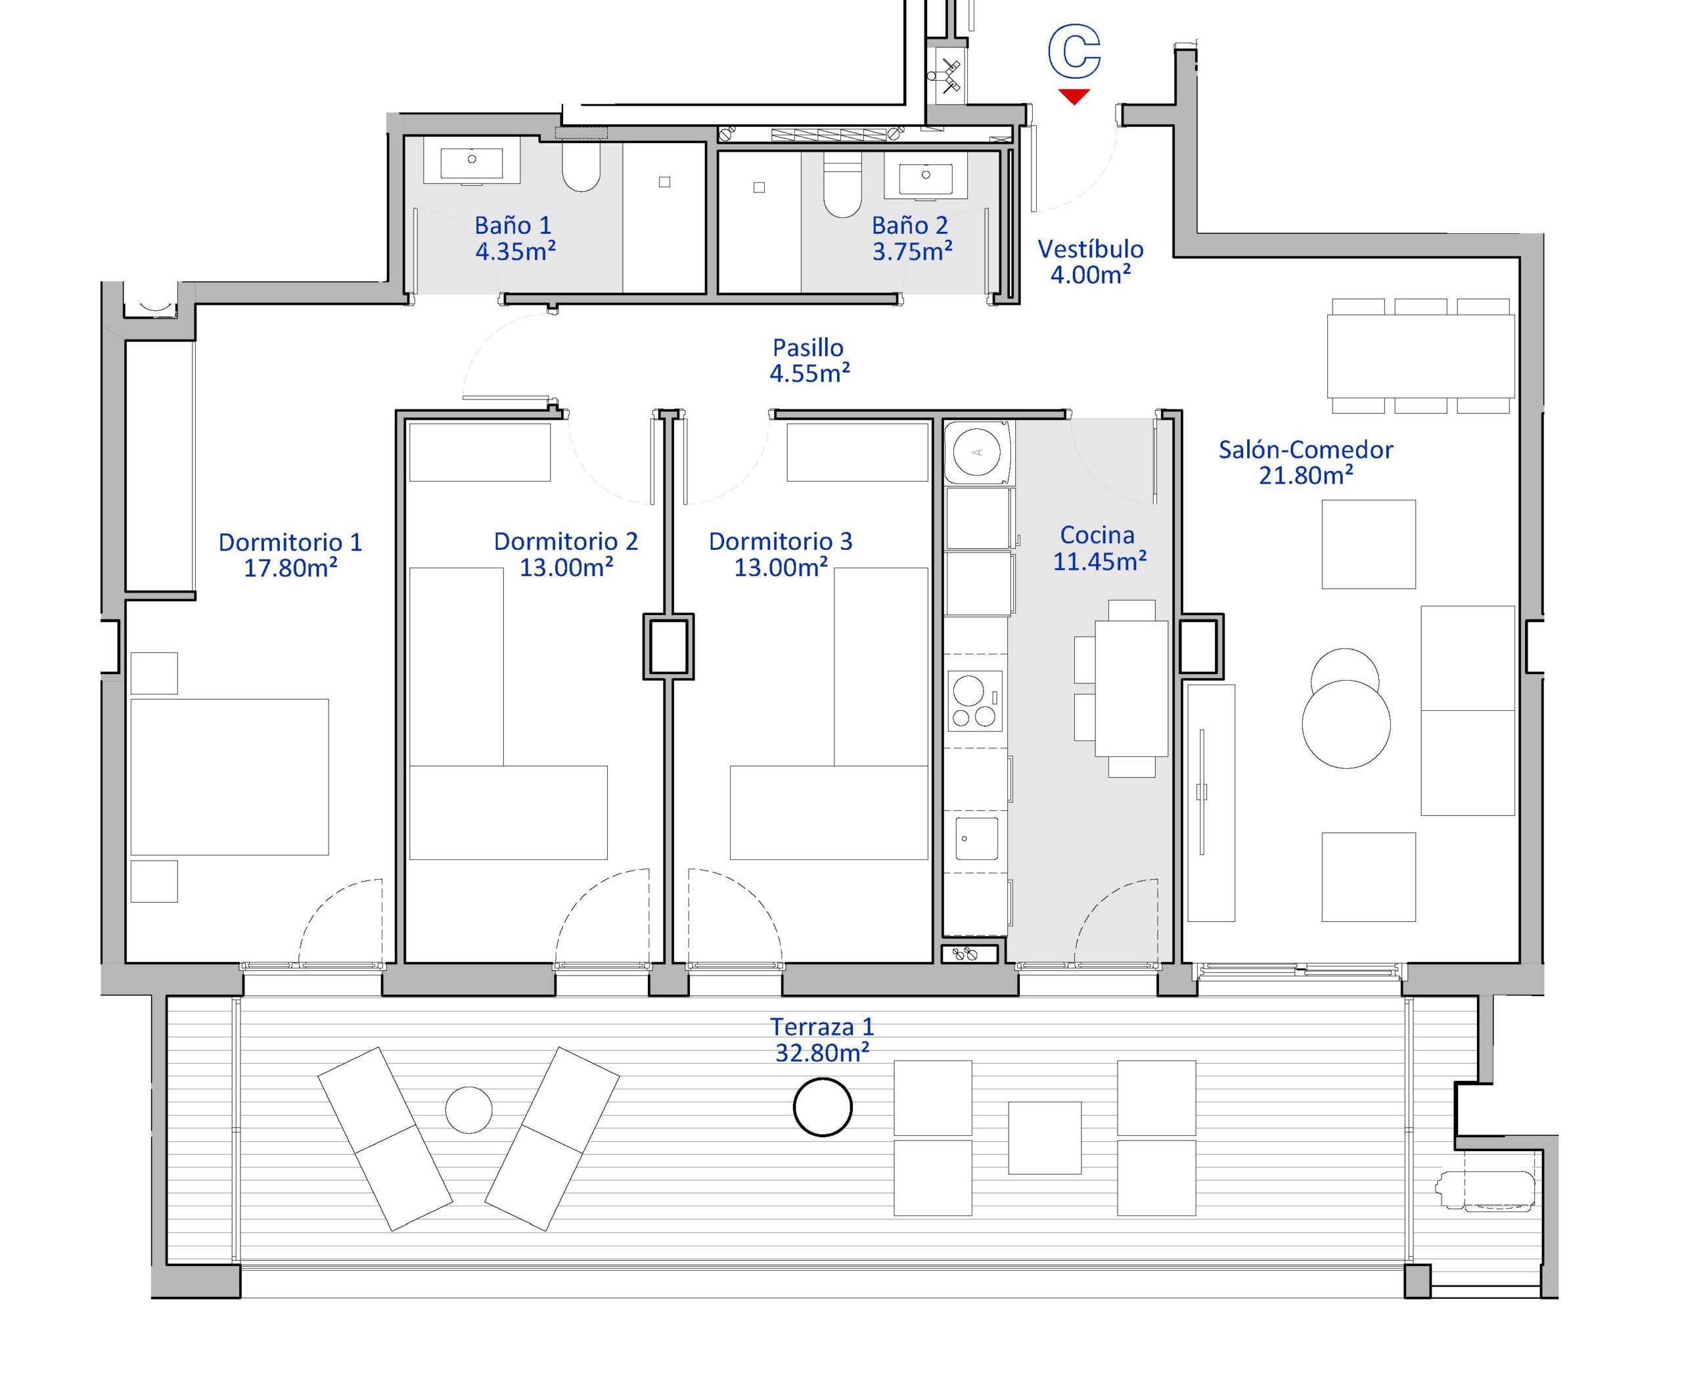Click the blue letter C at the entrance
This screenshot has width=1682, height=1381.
(x=1074, y=52)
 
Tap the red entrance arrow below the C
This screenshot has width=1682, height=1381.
(x=1074, y=97)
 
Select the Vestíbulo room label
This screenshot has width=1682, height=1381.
(x=1090, y=249)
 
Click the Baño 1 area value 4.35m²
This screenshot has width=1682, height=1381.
(x=515, y=252)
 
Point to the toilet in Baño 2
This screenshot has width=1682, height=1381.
(x=842, y=185)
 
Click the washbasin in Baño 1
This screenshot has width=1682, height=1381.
(x=472, y=164)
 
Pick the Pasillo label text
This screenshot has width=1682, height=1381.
(x=807, y=348)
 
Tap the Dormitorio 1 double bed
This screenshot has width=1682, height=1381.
(x=229, y=777)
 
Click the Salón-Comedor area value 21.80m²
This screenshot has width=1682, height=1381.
(x=1306, y=476)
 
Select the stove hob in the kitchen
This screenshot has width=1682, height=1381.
(x=974, y=700)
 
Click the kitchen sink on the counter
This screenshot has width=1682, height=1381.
(x=976, y=838)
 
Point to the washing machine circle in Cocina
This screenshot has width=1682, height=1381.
(x=978, y=453)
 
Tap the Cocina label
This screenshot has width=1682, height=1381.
(x=1097, y=535)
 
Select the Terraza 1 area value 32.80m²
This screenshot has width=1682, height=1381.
(x=822, y=1053)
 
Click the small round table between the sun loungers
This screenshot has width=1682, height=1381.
(x=468, y=1110)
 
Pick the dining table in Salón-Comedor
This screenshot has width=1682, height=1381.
(x=1421, y=355)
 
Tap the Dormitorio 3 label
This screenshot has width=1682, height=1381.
(x=781, y=542)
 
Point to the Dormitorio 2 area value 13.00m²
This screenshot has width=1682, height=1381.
(x=566, y=567)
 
